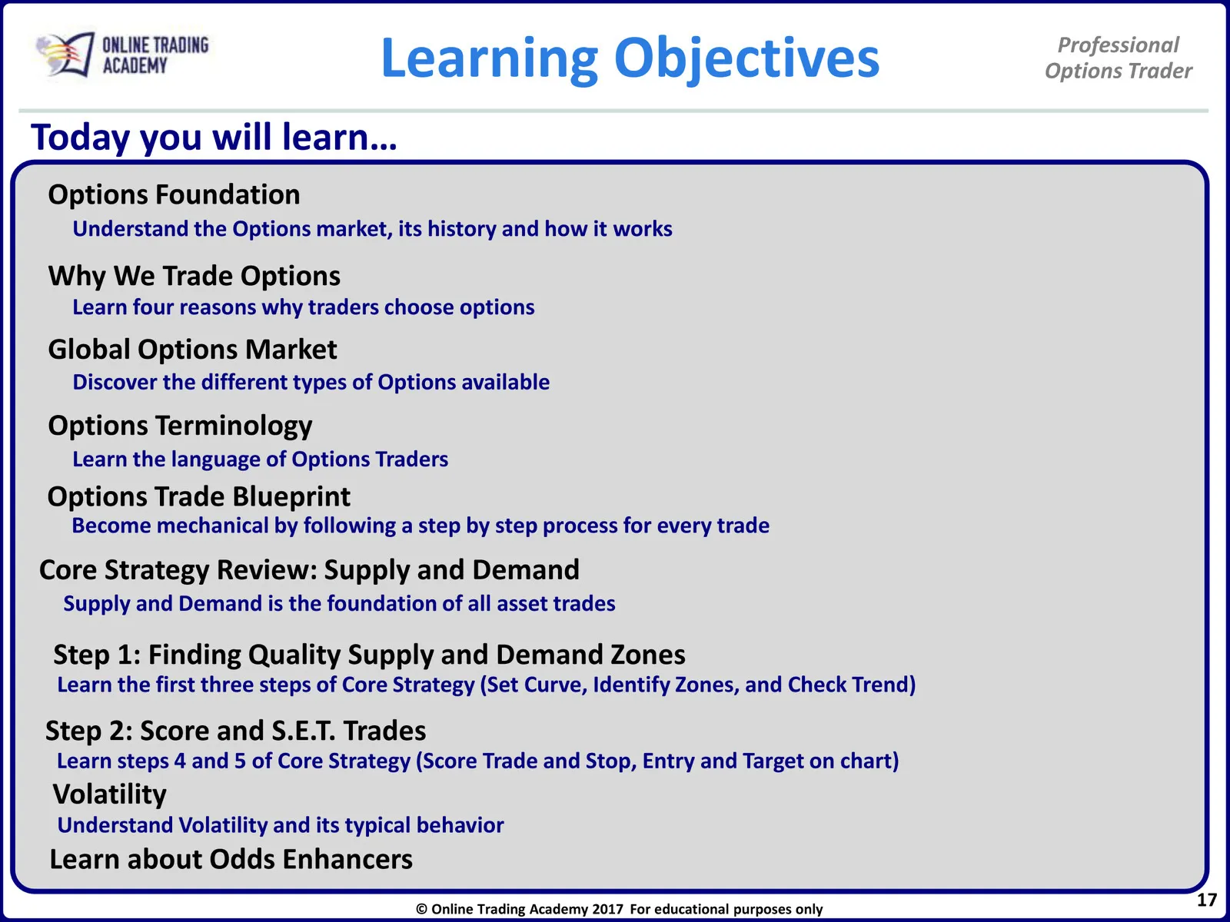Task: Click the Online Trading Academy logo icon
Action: [65, 55]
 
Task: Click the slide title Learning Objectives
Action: [630, 59]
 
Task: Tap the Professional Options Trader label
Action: [1119, 58]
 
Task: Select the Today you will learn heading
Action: [214, 138]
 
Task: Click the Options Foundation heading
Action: [174, 195]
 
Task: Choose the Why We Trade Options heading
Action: [194, 276]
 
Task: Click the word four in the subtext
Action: [153, 307]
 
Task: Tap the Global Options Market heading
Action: [192, 350]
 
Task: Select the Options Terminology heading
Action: [180, 426]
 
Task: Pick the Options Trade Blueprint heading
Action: [199, 496]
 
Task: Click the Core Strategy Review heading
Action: [309, 570]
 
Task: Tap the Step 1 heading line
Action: [369, 655]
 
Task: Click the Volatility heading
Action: [110, 795]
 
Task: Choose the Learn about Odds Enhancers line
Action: [231, 859]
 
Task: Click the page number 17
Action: [1206, 900]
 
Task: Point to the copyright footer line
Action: [619, 909]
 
